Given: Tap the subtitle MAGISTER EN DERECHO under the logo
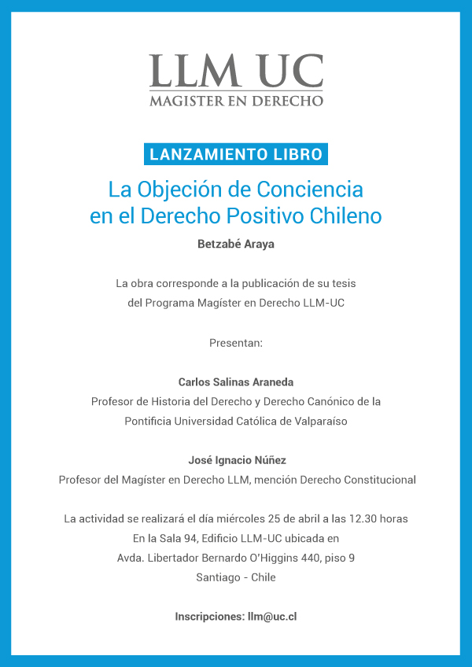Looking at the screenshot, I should point(236,101).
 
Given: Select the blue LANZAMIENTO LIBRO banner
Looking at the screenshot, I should point(236,154).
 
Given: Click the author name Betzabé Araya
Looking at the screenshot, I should point(236,244).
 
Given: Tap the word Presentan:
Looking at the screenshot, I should point(236,343).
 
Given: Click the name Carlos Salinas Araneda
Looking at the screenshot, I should point(236,382).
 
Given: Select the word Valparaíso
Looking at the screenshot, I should point(314,421).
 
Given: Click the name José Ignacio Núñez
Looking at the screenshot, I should point(236,460).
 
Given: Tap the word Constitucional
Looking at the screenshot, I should point(375,480).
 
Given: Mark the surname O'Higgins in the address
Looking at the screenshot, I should point(275,558).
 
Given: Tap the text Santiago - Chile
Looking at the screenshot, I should point(236,578).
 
